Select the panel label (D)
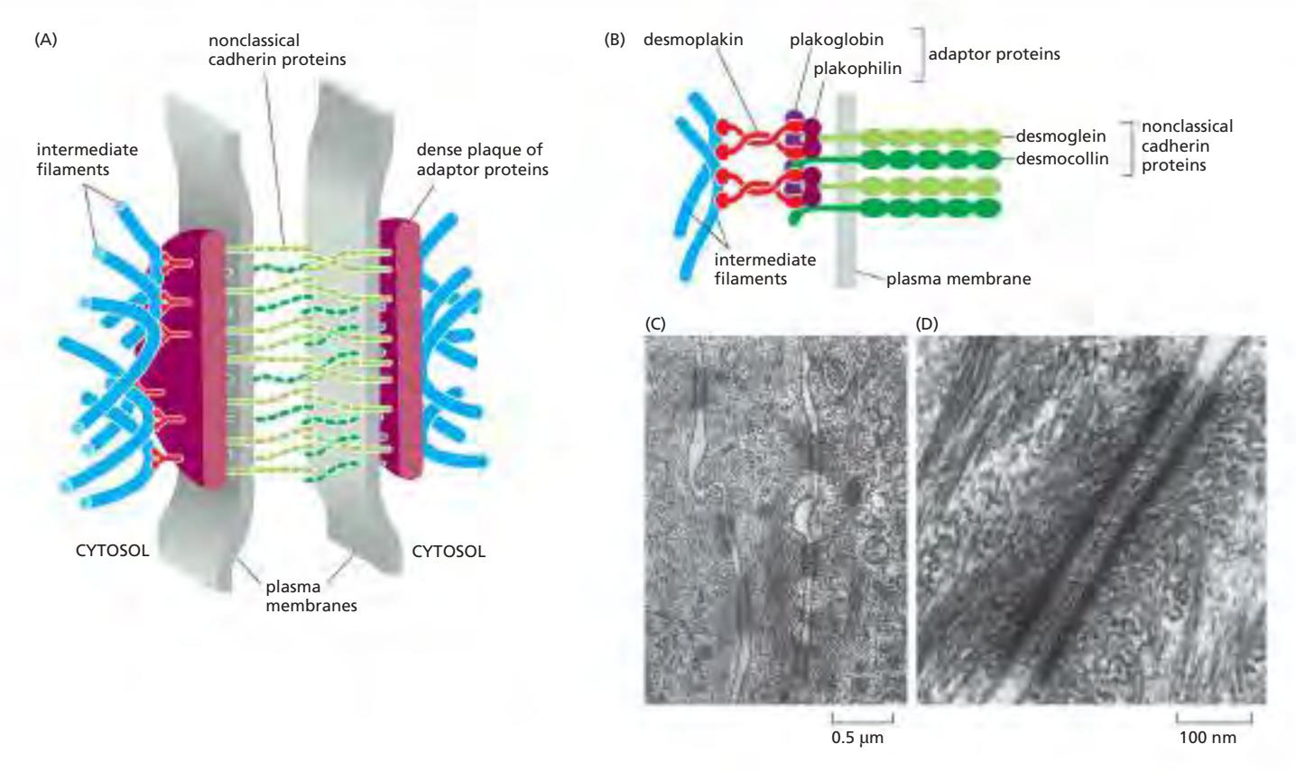[927, 322]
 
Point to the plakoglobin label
[837, 40]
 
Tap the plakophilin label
[857, 68]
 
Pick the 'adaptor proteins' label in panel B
[994, 54]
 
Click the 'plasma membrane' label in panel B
[958, 279]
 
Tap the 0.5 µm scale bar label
[858, 739]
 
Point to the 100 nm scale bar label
[1208, 738]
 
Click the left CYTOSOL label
[112, 551]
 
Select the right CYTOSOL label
[449, 551]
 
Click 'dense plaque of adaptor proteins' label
[482, 159]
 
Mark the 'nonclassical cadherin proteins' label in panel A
[277, 50]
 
